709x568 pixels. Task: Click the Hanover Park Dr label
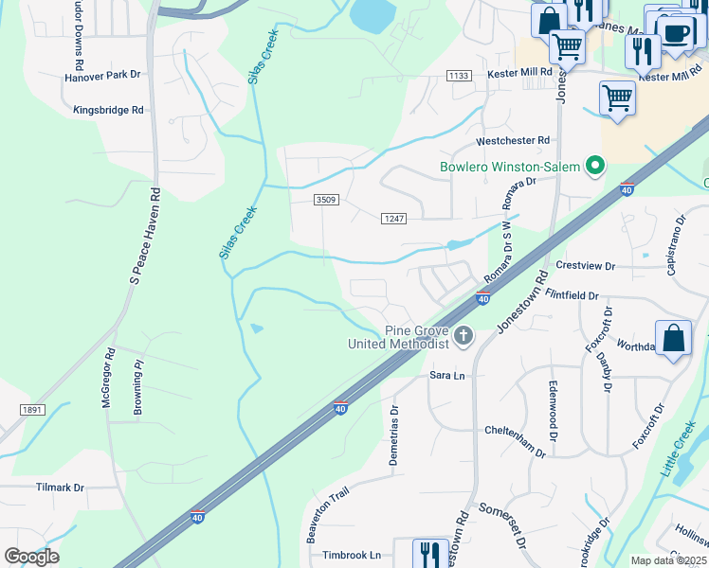(x=101, y=74)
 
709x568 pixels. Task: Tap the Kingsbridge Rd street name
(x=109, y=110)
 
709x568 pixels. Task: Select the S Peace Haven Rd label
(x=145, y=234)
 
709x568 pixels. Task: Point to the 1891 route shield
(x=30, y=409)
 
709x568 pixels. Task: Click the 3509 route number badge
(x=327, y=199)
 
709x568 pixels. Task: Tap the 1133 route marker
(x=459, y=75)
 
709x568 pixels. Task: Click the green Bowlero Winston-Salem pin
(x=595, y=167)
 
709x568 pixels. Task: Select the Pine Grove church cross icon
(x=464, y=335)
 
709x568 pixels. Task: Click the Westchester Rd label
(x=513, y=140)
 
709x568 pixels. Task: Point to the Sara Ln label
(x=447, y=376)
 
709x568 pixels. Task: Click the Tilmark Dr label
(x=60, y=488)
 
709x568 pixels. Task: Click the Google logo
(x=31, y=557)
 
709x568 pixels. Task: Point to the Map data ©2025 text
(x=668, y=560)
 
